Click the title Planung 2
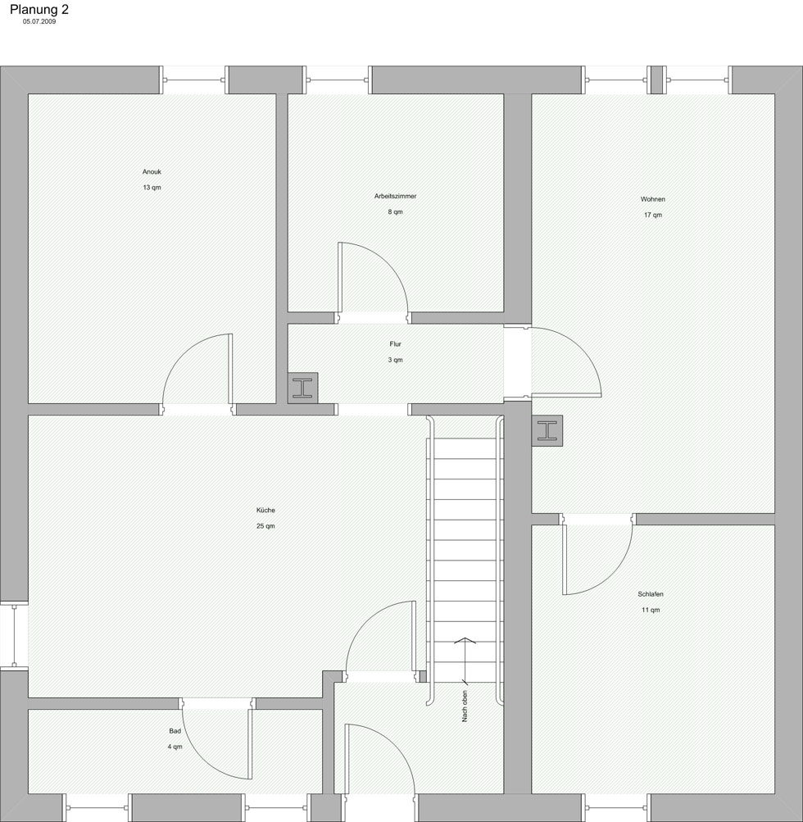(x=39, y=10)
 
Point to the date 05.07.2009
(x=39, y=21)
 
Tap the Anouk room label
(x=152, y=171)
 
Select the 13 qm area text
(x=152, y=187)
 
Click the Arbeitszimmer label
(x=395, y=196)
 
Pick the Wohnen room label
(x=652, y=199)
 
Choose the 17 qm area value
(x=652, y=215)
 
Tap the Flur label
(x=395, y=344)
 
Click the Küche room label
(x=265, y=510)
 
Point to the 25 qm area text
(x=265, y=526)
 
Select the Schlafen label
(x=651, y=594)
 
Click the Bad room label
(x=175, y=731)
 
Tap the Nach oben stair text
(x=465, y=706)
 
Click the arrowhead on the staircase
(x=465, y=640)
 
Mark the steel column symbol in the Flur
(x=302, y=388)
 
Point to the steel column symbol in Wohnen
(x=547, y=431)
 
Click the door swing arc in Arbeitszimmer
(x=388, y=263)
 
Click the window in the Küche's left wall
(x=14, y=635)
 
